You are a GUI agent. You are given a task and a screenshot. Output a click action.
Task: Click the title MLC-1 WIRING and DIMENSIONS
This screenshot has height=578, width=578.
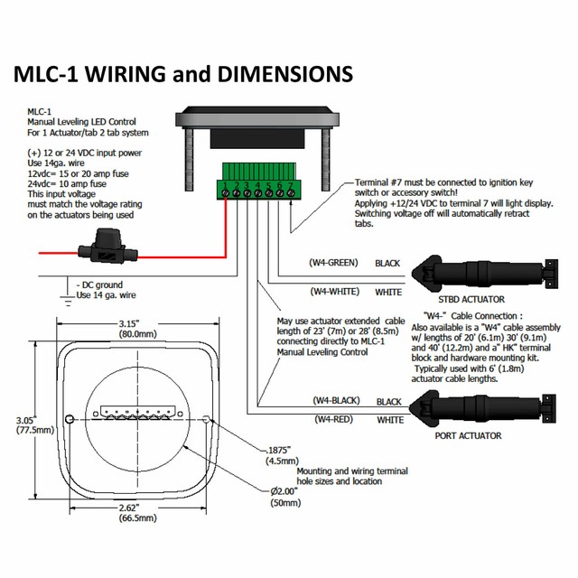[x=182, y=73]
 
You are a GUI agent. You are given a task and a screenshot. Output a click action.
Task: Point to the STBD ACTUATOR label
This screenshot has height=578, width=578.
[x=471, y=299]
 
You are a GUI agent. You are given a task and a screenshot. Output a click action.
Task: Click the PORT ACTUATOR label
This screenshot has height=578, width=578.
[x=469, y=436]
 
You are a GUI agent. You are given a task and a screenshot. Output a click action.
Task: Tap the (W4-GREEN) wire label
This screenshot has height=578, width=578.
[x=332, y=263]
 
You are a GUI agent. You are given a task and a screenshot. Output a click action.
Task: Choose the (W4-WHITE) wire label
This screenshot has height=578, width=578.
[x=334, y=292]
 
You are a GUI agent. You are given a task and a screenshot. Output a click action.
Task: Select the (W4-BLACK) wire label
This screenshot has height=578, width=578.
[x=336, y=400]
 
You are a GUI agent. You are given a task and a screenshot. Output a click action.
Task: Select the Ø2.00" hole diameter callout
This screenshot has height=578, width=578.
[x=287, y=491]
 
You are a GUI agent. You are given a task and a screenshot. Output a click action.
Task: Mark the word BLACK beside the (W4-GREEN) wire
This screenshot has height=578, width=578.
[x=388, y=264]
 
